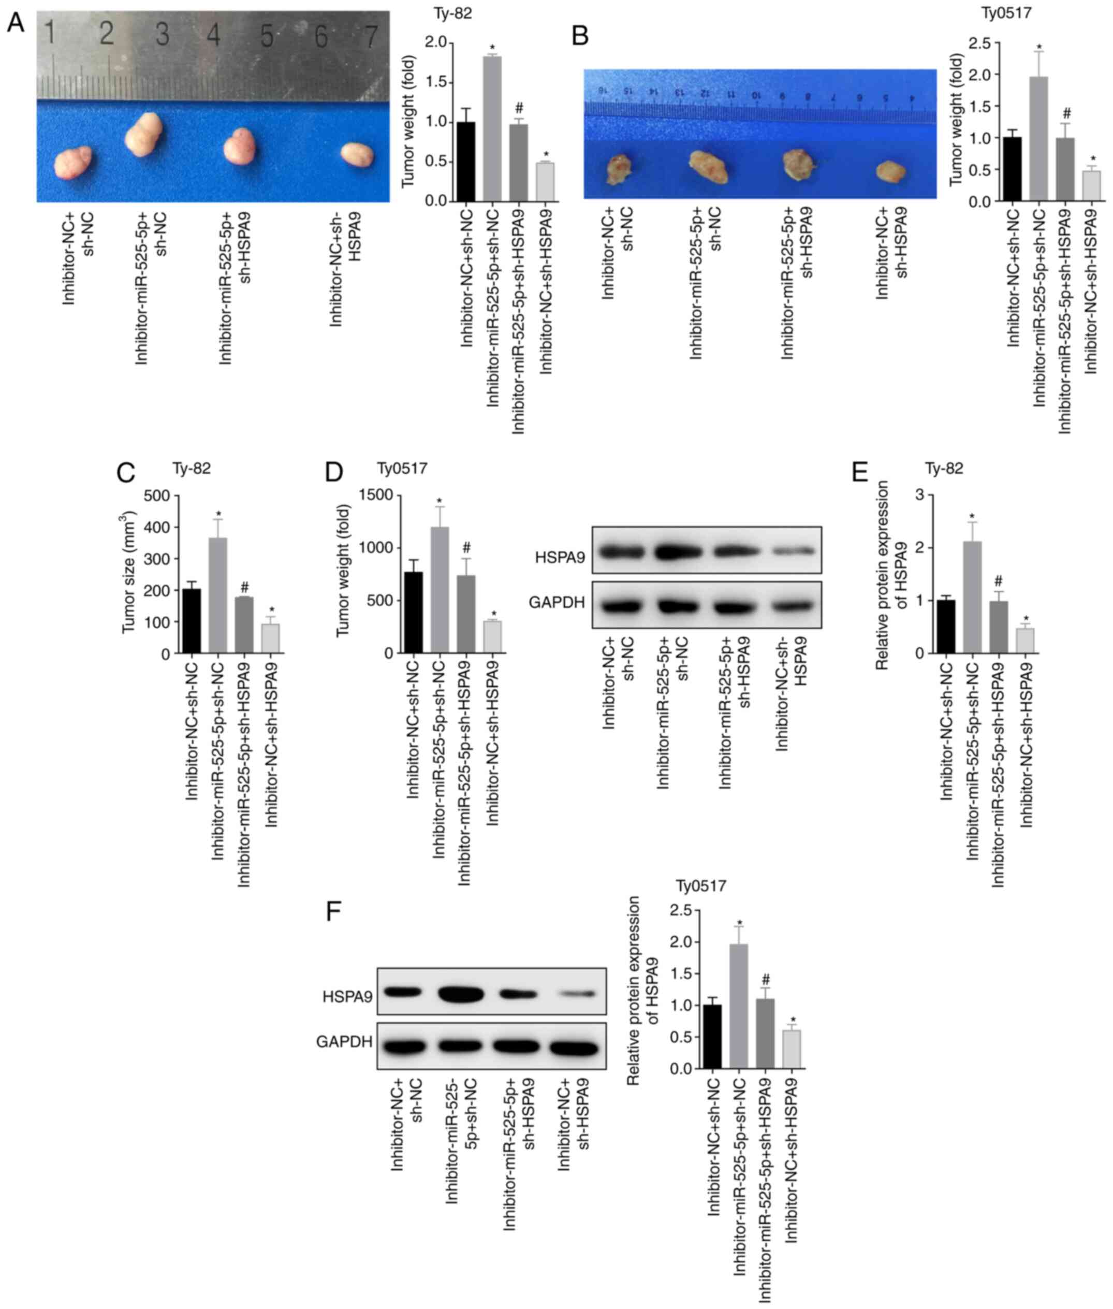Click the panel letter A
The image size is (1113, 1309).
(x=15, y=24)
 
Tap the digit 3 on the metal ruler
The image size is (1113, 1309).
(x=162, y=35)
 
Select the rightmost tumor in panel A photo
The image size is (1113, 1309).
(x=357, y=155)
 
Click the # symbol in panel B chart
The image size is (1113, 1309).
(x=1066, y=113)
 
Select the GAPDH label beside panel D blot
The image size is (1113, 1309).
(x=556, y=603)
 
